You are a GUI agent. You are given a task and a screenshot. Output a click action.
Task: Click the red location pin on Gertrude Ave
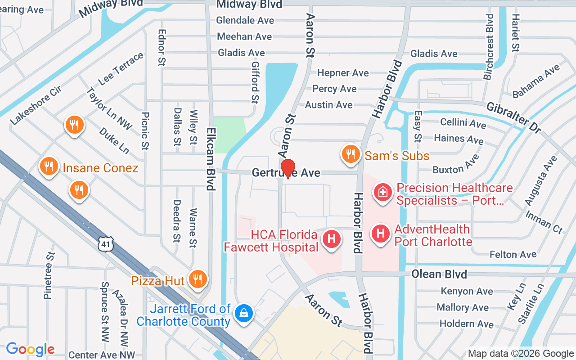(288, 169)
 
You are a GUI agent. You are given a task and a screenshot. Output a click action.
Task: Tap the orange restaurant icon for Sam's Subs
(350, 154)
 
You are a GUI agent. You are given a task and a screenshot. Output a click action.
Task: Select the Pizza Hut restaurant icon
(197, 279)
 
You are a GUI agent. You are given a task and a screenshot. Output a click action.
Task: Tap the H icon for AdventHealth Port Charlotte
(381, 234)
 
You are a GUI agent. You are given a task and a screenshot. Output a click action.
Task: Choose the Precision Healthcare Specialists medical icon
(382, 192)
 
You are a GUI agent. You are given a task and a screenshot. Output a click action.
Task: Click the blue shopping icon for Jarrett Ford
(243, 312)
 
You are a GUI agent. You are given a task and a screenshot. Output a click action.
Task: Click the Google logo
(30, 349)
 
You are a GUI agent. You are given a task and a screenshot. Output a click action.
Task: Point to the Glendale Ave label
(245, 20)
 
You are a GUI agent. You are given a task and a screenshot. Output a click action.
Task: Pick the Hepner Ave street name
(343, 73)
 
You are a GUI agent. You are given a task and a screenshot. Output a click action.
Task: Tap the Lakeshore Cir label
(36, 106)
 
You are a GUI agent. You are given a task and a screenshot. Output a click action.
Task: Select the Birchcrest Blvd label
(489, 47)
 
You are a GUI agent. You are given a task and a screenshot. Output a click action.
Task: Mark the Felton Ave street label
(513, 254)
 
